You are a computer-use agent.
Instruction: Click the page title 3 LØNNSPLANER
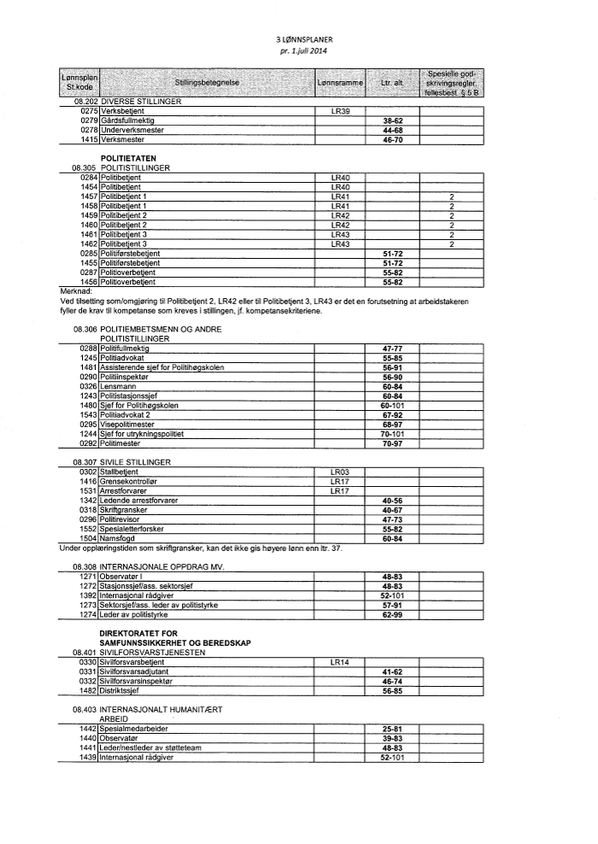tap(298, 39)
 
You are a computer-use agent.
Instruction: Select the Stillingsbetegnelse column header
tap(206, 82)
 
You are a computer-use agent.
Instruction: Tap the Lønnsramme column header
tap(340, 82)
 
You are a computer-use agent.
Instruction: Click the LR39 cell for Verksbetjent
tap(340, 111)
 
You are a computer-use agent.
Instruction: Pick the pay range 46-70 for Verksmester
tap(392, 138)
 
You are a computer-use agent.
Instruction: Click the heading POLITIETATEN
tap(129, 159)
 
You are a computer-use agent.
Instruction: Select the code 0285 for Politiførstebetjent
tap(89, 254)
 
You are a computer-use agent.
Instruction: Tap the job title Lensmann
tap(119, 386)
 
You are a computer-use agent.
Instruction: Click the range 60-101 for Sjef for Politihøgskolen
tap(392, 405)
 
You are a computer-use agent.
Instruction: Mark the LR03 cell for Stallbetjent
tap(340, 472)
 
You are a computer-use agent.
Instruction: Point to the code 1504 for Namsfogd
tap(89, 538)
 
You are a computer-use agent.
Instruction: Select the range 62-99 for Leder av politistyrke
tap(392, 614)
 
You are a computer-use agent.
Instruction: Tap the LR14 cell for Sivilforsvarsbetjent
tap(340, 661)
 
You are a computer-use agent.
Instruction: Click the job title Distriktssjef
tap(122, 689)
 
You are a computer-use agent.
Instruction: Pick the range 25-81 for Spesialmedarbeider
tap(392, 728)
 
